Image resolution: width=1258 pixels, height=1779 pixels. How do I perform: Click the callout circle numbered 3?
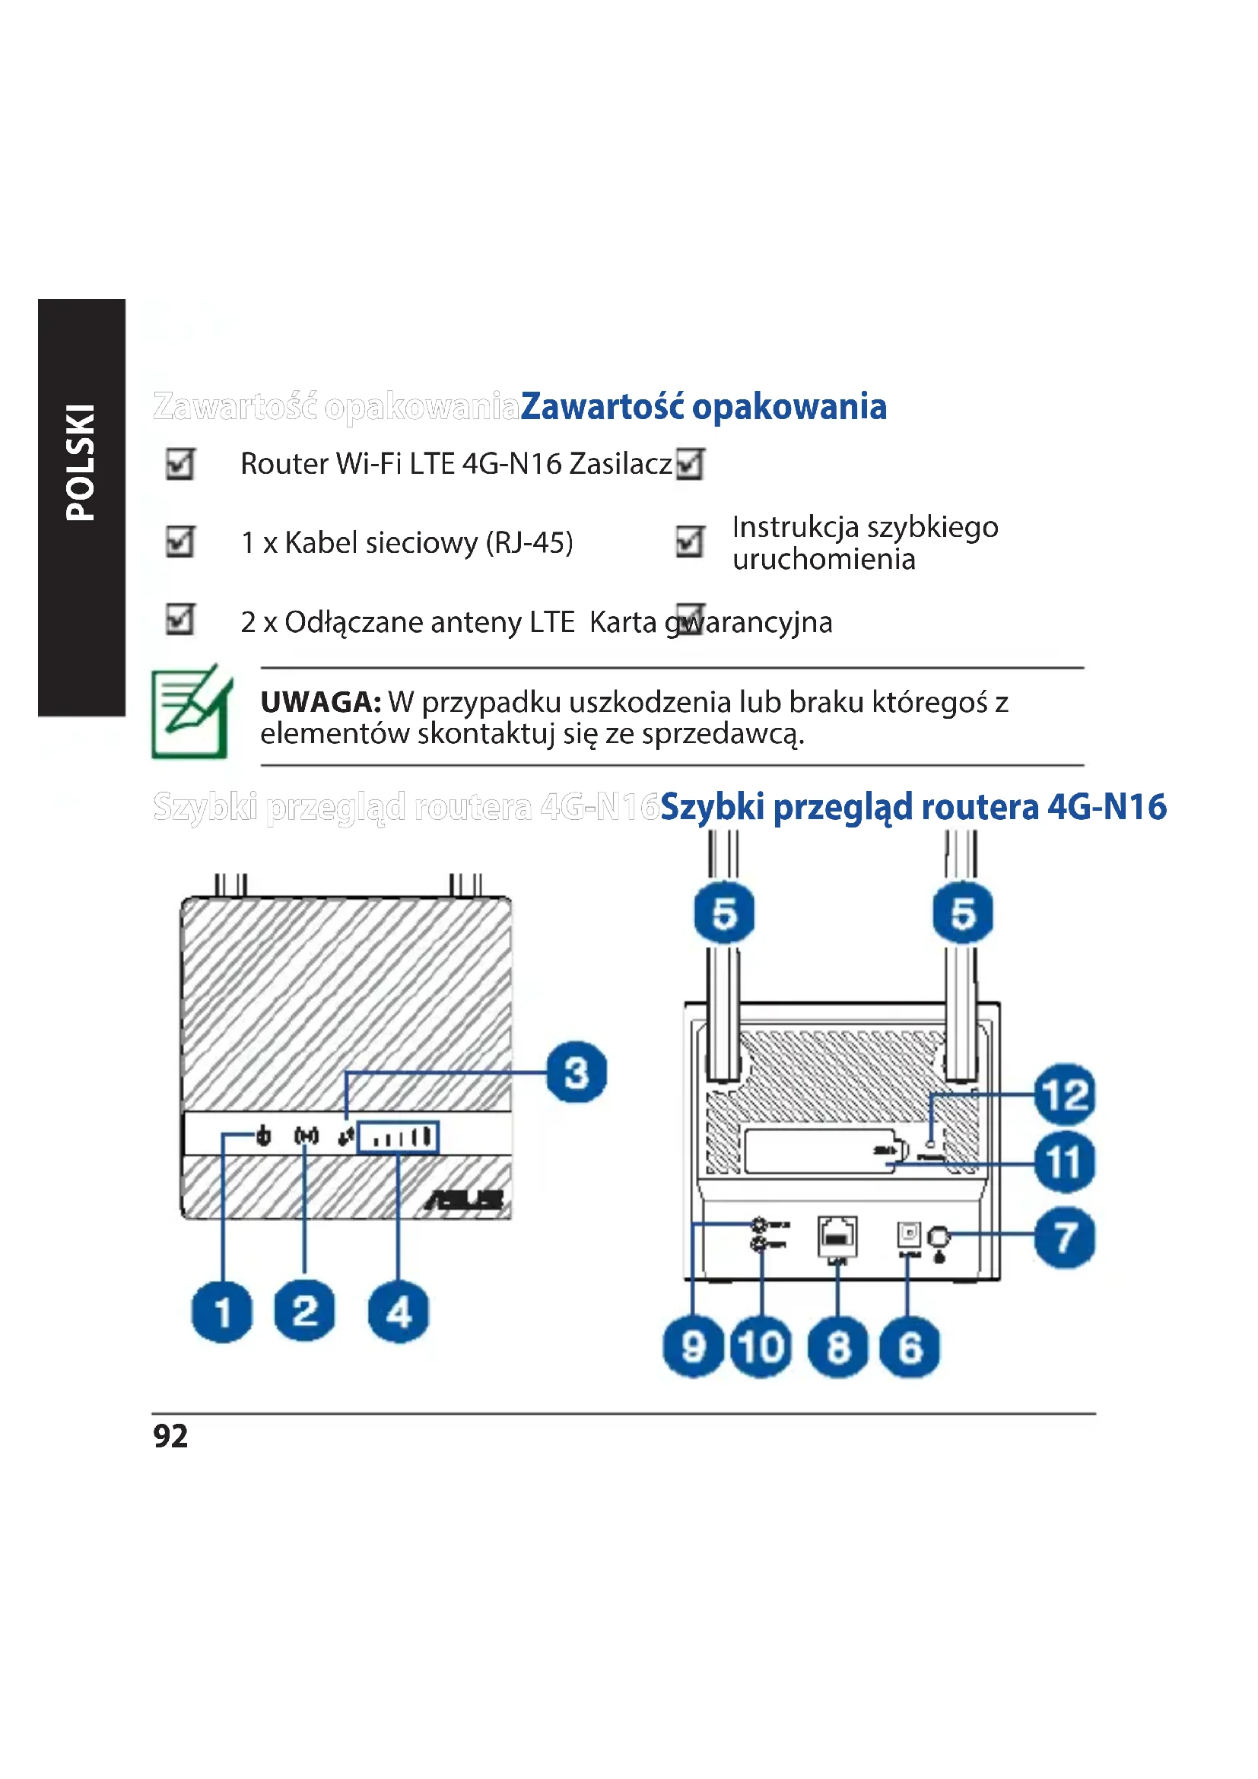(x=577, y=1073)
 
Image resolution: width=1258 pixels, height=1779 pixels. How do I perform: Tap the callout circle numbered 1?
(x=222, y=1312)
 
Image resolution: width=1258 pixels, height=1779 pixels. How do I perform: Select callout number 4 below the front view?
(x=398, y=1312)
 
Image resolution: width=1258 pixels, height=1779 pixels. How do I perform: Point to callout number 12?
(x=1065, y=1094)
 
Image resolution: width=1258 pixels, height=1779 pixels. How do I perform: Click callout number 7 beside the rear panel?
(x=1065, y=1237)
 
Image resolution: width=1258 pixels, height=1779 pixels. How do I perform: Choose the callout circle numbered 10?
(x=761, y=1347)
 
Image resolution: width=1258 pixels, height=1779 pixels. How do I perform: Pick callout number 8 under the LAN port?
(x=838, y=1347)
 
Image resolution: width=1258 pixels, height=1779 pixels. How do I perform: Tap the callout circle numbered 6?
(x=910, y=1347)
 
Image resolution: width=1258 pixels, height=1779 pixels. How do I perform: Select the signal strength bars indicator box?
(x=398, y=1137)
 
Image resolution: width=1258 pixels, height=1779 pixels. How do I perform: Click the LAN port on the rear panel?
(x=837, y=1236)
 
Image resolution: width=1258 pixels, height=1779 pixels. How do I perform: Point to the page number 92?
(x=170, y=1436)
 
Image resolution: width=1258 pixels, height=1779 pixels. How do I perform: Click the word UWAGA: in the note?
(x=321, y=702)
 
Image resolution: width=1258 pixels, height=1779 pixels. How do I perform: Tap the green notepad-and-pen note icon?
(x=192, y=711)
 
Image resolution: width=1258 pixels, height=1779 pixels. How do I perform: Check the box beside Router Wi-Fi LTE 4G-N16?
(x=179, y=464)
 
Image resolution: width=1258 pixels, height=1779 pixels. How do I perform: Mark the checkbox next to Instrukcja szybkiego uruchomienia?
(x=689, y=542)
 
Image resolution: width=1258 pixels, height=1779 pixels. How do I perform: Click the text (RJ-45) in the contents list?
(x=529, y=542)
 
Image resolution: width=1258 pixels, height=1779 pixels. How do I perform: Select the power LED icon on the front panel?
(x=263, y=1136)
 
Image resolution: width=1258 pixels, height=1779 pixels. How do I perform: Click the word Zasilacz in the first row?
(x=621, y=464)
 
